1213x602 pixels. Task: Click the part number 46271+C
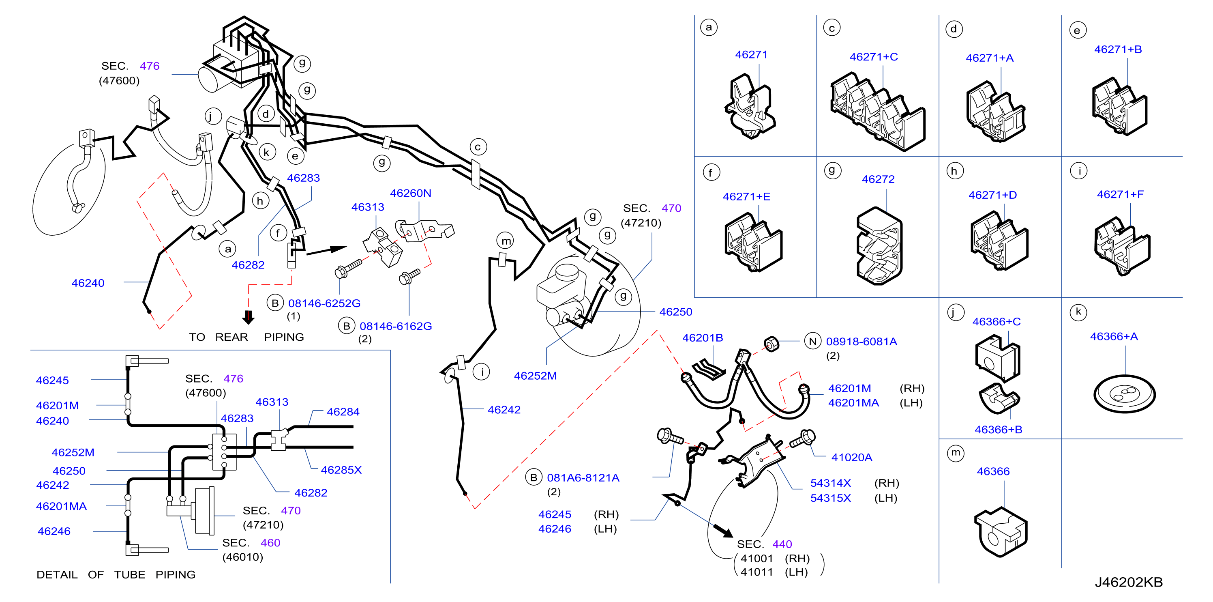pyautogui.click(x=874, y=57)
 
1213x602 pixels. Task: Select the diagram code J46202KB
pyautogui.click(x=1128, y=582)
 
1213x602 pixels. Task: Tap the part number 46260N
pyautogui.click(x=410, y=193)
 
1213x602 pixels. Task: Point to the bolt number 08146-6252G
pyautogui.click(x=324, y=303)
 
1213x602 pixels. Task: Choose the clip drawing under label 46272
pyautogui.click(x=879, y=246)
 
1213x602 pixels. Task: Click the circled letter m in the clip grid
pyautogui.click(x=956, y=453)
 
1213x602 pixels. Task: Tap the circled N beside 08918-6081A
pyautogui.click(x=813, y=342)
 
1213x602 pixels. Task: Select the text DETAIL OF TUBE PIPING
pyautogui.click(x=116, y=575)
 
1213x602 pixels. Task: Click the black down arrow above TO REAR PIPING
pyautogui.click(x=248, y=317)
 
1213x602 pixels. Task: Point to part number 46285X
pyautogui.click(x=341, y=470)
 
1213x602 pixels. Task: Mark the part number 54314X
pyautogui.click(x=830, y=483)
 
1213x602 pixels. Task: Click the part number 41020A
pyautogui.click(x=851, y=458)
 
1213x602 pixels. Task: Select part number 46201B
pyautogui.click(x=702, y=338)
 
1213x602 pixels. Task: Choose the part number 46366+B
pyautogui.click(x=998, y=430)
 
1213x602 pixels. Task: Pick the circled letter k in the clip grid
pyautogui.click(x=1078, y=312)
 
